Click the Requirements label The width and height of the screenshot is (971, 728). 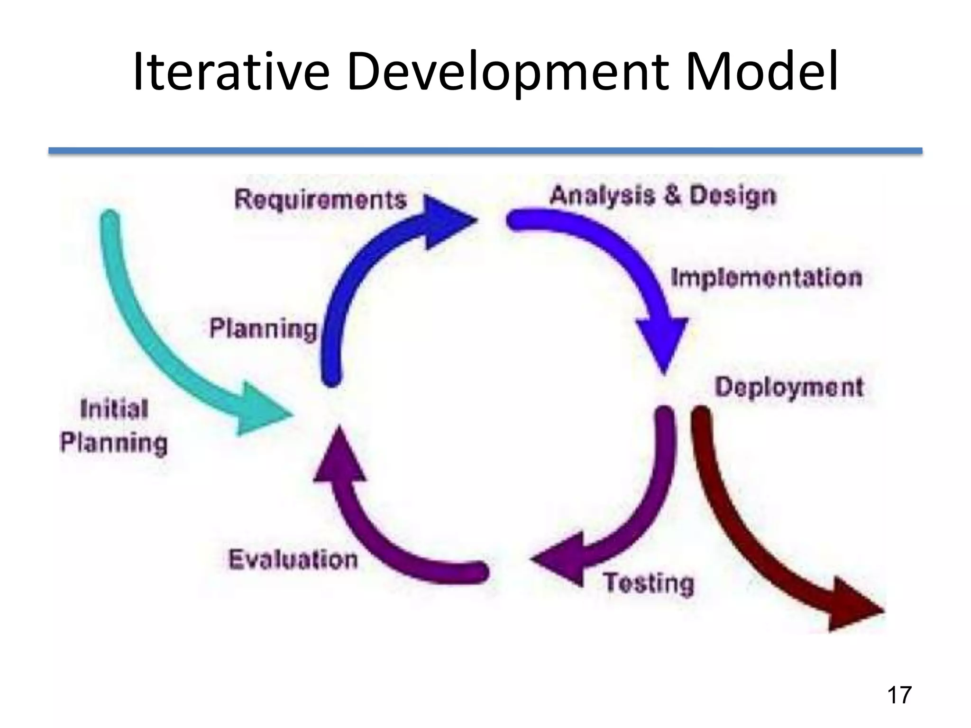[x=321, y=199]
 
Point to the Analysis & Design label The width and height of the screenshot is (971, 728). [x=663, y=196]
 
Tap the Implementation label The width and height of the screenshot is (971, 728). [x=766, y=278]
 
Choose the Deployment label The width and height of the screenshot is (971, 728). [x=789, y=387]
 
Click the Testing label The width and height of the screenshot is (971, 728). [x=649, y=582]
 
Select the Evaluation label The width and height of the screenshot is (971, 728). [x=293, y=559]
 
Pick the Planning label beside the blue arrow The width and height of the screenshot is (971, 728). [x=263, y=328]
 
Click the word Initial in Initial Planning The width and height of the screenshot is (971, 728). [x=114, y=409]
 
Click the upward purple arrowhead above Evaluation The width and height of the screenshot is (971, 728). [x=339, y=457]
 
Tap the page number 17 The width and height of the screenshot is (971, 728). [x=898, y=695]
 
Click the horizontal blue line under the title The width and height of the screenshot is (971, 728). [x=485, y=151]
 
